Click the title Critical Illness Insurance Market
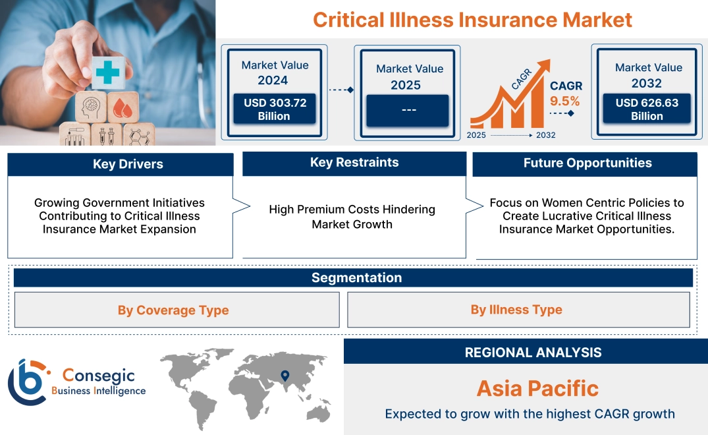pos(472,19)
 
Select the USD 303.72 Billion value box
pos(275,109)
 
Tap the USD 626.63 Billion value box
pos(647,109)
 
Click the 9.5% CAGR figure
pos(565,101)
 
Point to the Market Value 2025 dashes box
pos(408,110)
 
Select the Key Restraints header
pos(354,163)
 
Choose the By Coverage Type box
pos(173,310)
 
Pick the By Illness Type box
pos(516,310)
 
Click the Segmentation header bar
pos(356,277)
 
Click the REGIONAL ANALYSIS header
pos(533,352)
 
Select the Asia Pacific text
pos(537,388)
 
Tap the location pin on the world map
pos(285,376)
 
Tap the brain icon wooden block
pos(92,107)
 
